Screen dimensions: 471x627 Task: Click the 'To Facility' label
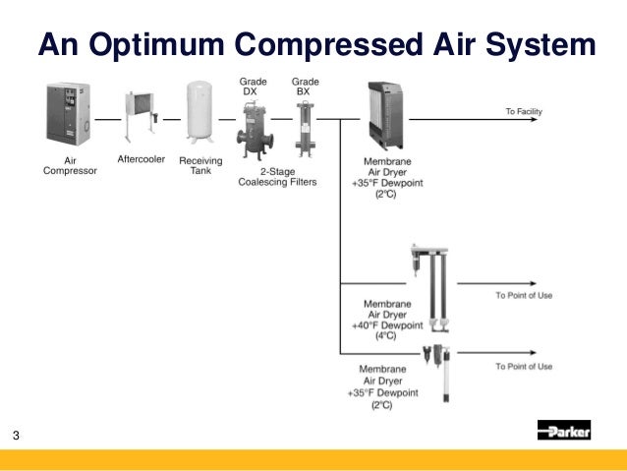[524, 112]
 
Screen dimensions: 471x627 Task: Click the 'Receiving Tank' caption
[200, 165]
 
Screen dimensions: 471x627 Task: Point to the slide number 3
[17, 436]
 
